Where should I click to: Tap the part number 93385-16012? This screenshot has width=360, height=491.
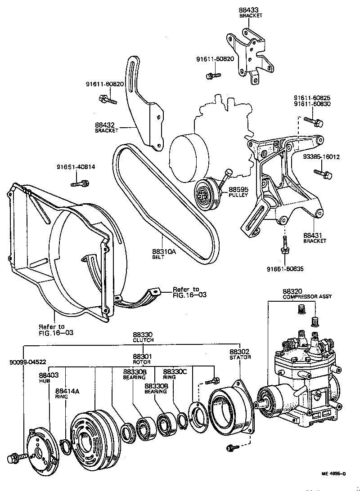321,157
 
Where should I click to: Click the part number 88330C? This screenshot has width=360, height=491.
175,372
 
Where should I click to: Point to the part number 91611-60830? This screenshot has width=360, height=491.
312,104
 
